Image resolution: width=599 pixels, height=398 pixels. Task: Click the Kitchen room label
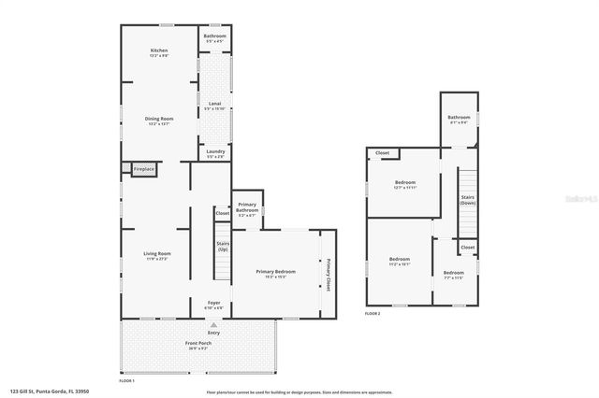pos(158,52)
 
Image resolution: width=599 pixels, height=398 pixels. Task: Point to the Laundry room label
pos(214,154)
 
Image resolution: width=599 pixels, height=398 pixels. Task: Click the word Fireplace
pos(143,169)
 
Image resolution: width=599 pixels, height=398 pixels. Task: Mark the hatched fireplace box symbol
pos(125,169)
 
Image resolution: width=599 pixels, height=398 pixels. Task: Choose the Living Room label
pos(156,255)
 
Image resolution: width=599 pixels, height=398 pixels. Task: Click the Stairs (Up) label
pos(223,247)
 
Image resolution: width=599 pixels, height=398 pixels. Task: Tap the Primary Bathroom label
pos(247,207)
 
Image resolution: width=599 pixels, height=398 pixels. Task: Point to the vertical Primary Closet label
pos(329,274)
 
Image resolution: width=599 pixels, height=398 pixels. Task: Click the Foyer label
pos(213,304)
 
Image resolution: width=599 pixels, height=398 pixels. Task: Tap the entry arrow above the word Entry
pos(213,323)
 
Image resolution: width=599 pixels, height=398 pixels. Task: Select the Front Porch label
pos(198,345)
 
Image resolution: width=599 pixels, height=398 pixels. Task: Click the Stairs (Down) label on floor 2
pos(467,200)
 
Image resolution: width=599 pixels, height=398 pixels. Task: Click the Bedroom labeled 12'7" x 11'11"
pos(404,184)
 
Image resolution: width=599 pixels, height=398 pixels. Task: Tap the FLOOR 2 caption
pos(373,314)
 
